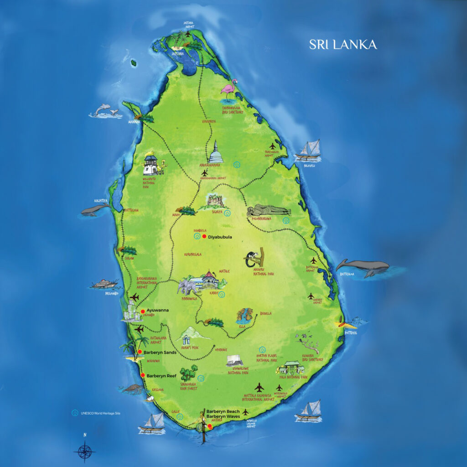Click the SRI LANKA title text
[x=343, y=45]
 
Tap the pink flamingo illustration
[x=229, y=88]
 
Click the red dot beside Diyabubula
[x=204, y=237]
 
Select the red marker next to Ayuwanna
[x=143, y=311]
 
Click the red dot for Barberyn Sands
[x=140, y=352]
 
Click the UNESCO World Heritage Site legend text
[x=102, y=413]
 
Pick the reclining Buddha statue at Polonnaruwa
[x=269, y=211]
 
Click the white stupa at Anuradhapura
[x=216, y=153]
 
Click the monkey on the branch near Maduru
[x=253, y=258]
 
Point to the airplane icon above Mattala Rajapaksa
[x=259, y=387]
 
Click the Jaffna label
[x=177, y=53]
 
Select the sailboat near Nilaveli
[x=310, y=150]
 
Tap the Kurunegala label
[x=192, y=254]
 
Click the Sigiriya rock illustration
[x=214, y=201]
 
